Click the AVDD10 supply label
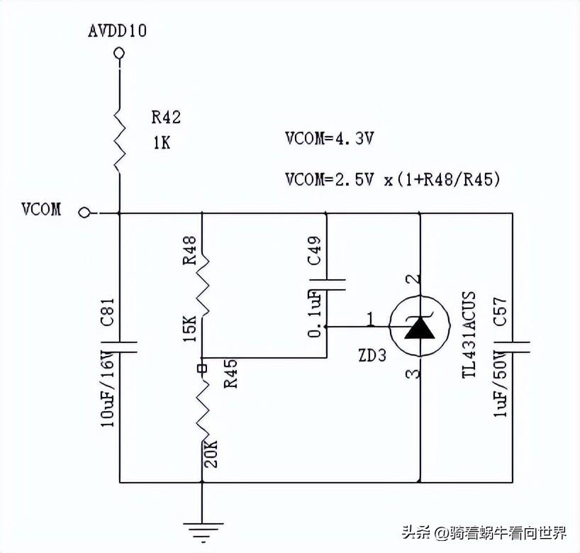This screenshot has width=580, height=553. pos(118,31)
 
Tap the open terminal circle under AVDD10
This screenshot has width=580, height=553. pos(118,53)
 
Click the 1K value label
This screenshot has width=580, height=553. pos(161,142)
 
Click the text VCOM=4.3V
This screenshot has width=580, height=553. pos(329,139)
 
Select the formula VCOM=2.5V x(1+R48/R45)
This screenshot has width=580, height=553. pos(392,180)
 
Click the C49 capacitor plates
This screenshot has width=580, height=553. pos(326,285)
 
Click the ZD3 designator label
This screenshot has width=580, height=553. pos(372,355)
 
